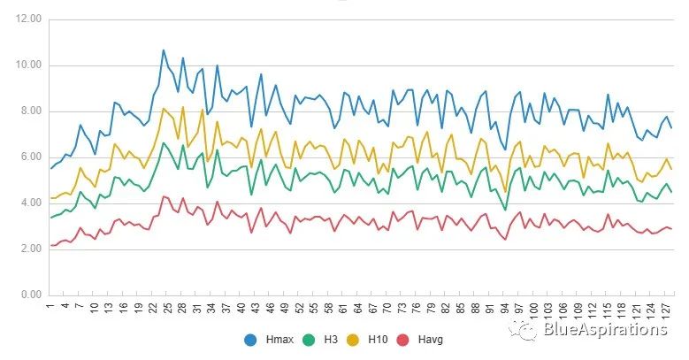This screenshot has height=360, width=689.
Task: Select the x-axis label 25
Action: (164, 309)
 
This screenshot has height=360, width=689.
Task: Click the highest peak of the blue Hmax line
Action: (164, 50)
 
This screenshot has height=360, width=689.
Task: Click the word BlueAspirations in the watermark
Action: (605, 330)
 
